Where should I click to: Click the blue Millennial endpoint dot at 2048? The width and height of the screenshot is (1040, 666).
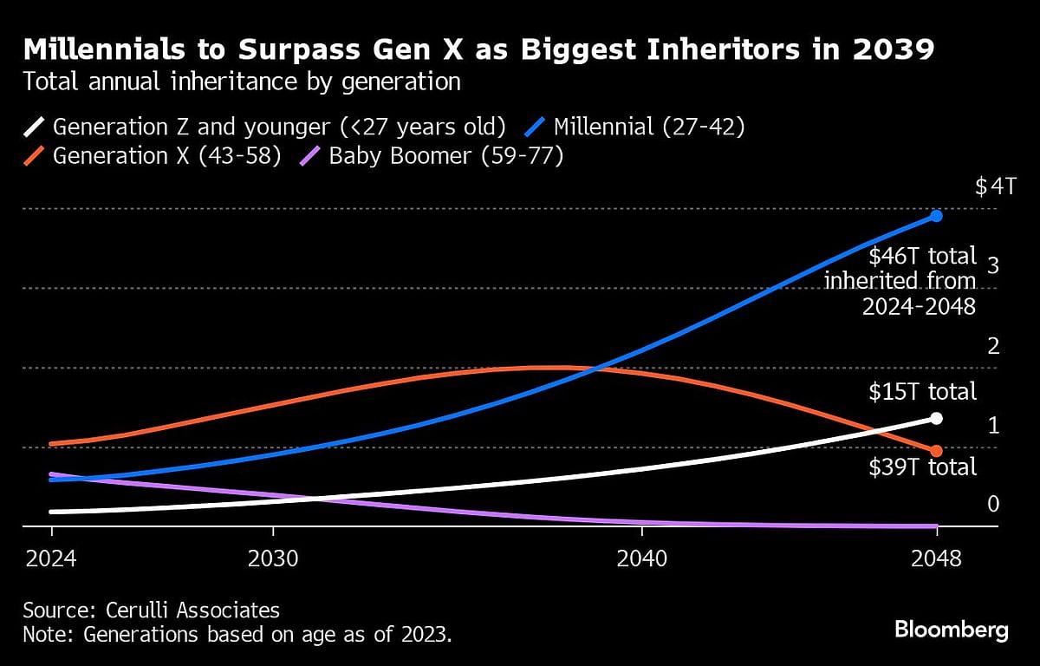936,216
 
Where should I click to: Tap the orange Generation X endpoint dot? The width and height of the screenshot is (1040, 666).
936,451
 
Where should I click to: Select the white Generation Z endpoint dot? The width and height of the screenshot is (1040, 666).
936,418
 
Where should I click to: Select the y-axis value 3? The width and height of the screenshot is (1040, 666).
994,265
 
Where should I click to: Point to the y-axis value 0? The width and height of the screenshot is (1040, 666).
994,504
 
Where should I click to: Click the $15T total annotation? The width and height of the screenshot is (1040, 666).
922,391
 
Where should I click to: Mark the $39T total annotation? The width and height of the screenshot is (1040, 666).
922,467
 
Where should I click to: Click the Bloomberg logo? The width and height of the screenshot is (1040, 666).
951,629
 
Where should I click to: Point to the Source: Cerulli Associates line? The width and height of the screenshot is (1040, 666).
151,610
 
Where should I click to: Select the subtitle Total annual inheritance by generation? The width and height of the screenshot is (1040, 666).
241,82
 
